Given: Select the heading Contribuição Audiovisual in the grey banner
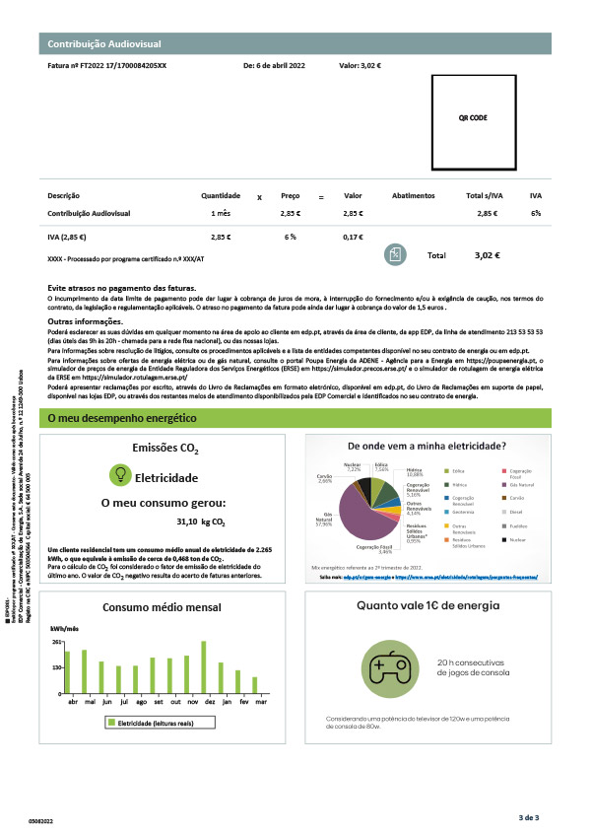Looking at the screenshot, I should [x=111, y=44].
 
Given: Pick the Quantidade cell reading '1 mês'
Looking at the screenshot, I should [x=221, y=213].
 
